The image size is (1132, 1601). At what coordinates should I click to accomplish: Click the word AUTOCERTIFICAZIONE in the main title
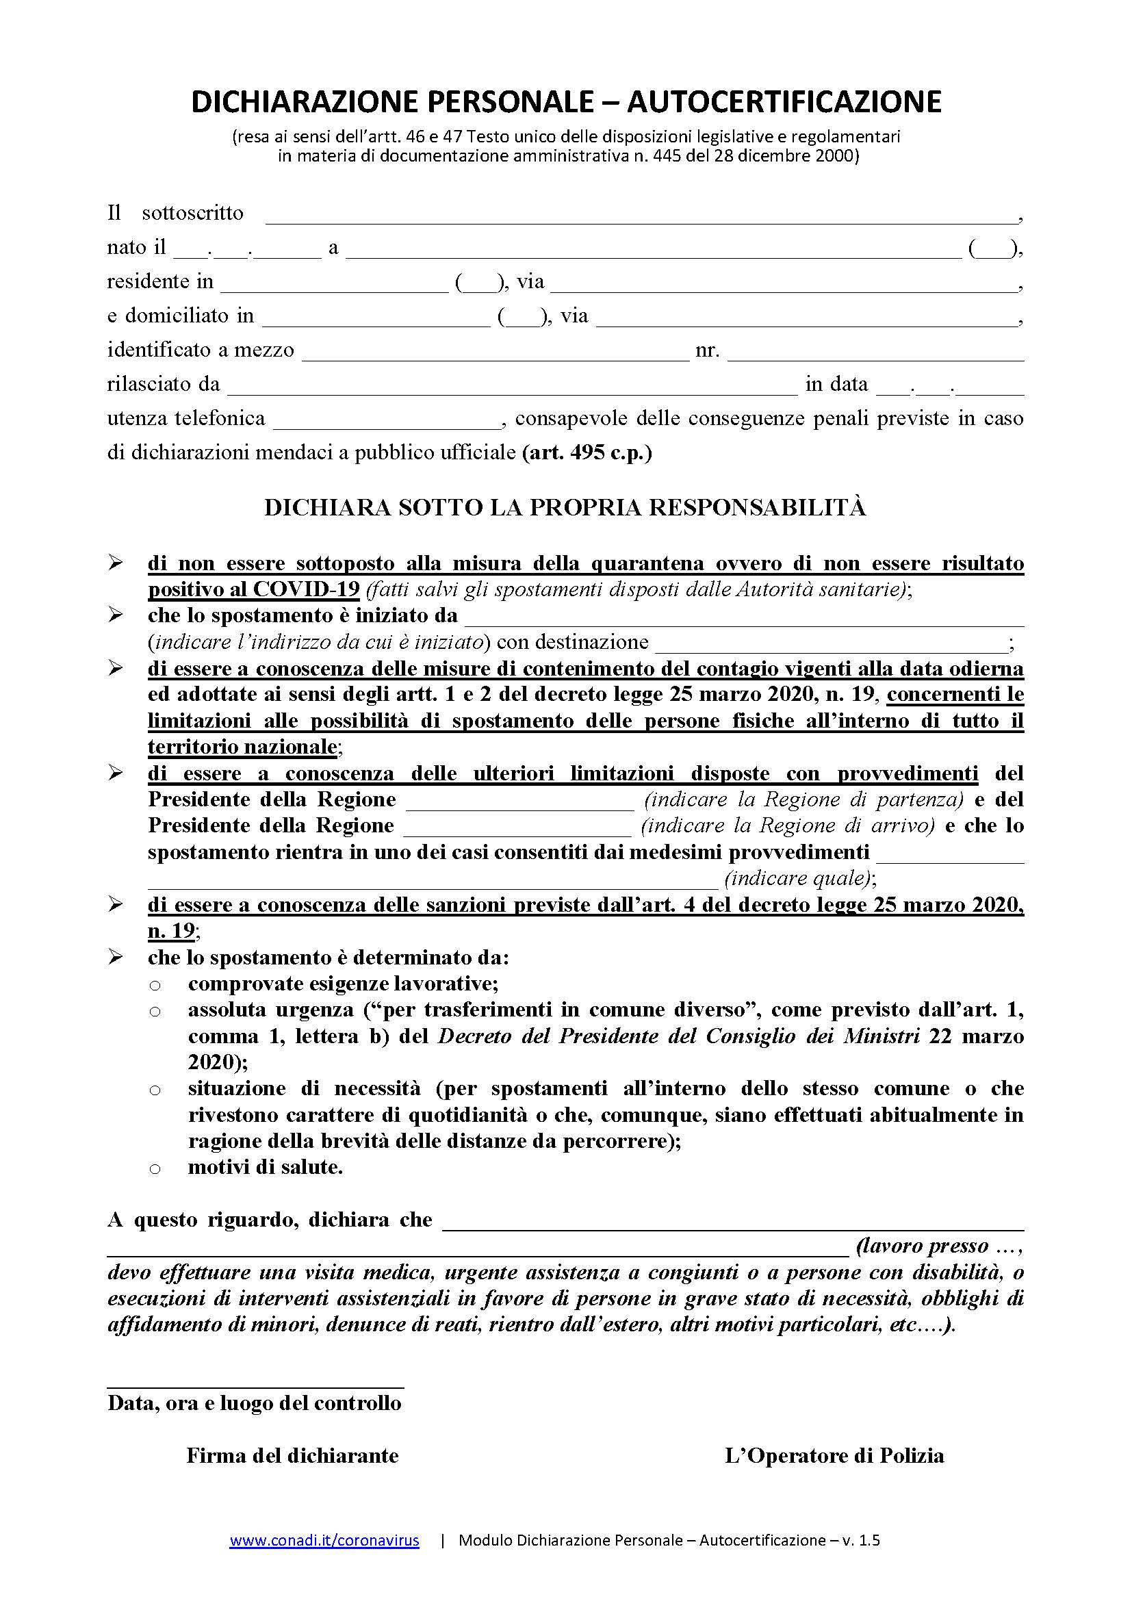tap(784, 102)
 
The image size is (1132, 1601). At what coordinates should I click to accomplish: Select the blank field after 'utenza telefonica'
tap(387, 422)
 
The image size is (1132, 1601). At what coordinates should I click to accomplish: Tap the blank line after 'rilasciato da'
tap(513, 389)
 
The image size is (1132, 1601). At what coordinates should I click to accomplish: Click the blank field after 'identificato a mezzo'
tap(495, 355)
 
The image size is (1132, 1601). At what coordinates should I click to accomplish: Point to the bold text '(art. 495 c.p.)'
tap(587, 452)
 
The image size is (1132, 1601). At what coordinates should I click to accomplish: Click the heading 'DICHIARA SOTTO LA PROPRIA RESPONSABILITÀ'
tap(565, 508)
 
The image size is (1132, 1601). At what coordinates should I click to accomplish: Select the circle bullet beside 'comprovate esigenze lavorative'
tap(155, 985)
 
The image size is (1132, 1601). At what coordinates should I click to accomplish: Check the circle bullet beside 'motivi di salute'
tap(155, 1169)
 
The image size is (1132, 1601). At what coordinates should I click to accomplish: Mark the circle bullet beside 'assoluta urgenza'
tap(155, 1012)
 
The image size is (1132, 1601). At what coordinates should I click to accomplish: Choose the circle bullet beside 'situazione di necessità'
tap(155, 1090)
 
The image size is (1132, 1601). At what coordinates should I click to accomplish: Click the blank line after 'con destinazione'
tap(831, 645)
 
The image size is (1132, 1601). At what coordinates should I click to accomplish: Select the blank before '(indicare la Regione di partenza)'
tap(520, 805)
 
